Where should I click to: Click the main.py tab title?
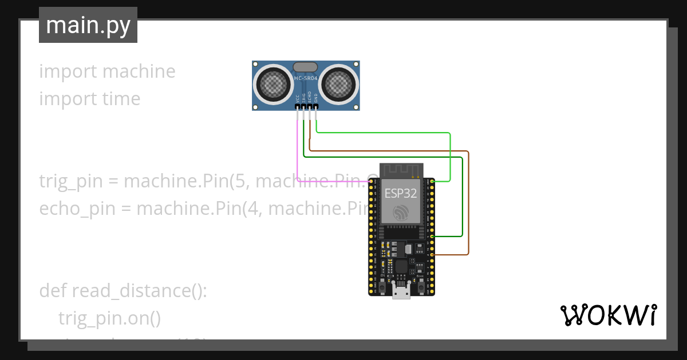coord(88,25)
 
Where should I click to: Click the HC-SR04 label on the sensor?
coord(305,78)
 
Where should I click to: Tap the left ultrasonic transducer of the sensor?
coord(273,84)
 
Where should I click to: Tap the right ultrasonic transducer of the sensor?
coord(339,84)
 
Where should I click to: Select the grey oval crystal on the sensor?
coord(305,67)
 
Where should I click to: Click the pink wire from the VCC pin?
coord(298,149)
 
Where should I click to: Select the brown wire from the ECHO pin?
coord(389,151)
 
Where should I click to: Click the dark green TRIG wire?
coord(389,157)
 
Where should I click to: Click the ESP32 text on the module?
coord(400,193)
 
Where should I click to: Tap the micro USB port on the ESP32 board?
coord(401,292)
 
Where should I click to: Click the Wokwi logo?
coord(608,315)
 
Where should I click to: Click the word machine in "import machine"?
coord(139,71)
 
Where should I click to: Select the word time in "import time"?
coord(121,99)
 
